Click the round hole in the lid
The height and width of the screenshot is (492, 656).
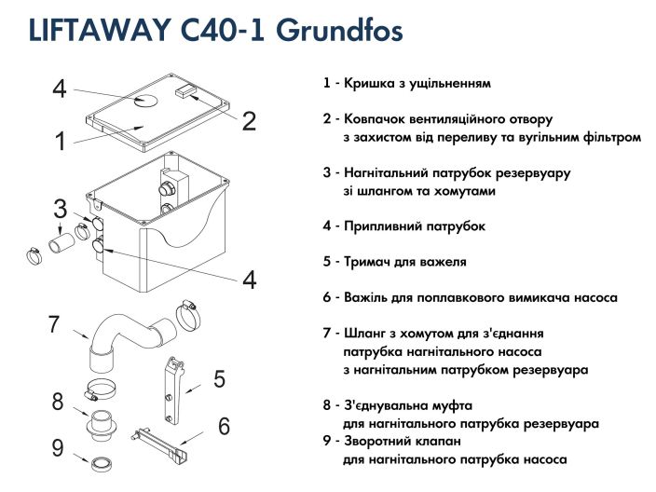point(147,100)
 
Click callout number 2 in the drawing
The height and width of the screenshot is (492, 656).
point(249,120)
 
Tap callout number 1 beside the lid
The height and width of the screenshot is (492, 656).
point(60,142)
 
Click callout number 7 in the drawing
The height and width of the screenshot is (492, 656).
point(54,324)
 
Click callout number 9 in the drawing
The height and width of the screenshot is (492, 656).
point(58,448)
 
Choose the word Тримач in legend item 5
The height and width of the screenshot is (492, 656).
point(373,262)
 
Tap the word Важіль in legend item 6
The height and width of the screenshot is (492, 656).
point(372,297)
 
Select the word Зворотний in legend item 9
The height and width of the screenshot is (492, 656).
point(383,442)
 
